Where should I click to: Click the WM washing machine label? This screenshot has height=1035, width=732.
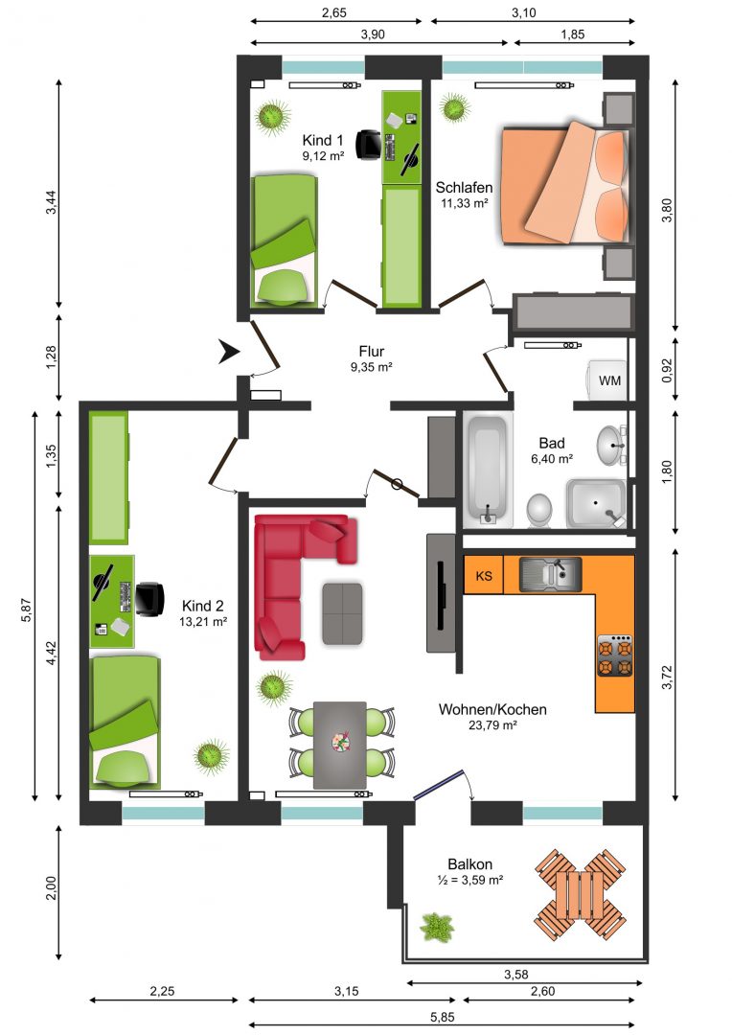click(x=609, y=380)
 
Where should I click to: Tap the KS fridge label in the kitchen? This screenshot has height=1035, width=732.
click(x=484, y=576)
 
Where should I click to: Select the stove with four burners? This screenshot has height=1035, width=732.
click(x=614, y=655)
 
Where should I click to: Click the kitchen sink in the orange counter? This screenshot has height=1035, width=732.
click(x=550, y=574)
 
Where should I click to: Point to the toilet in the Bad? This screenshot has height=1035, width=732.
click(x=540, y=511)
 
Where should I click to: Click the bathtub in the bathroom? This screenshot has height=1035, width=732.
click(x=488, y=470)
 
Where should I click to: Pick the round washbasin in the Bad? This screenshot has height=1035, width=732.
click(x=611, y=446)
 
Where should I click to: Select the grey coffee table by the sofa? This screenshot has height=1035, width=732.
click(x=342, y=613)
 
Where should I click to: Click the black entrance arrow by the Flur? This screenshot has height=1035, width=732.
click(x=229, y=352)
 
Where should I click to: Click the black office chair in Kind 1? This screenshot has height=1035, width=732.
click(x=368, y=145)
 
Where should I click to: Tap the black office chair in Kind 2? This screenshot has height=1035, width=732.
click(x=149, y=599)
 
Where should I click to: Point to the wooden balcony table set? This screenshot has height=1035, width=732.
click(x=580, y=896)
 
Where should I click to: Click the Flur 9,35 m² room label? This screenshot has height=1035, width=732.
click(x=372, y=358)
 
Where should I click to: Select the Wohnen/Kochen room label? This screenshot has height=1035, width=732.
click(x=492, y=710)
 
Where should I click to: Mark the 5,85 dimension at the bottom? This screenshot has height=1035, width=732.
click(x=442, y=1017)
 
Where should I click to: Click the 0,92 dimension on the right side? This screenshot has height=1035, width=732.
click(x=667, y=370)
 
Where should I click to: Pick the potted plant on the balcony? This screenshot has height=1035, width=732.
click(x=436, y=926)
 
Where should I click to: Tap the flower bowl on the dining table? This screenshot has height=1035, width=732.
click(x=340, y=741)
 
